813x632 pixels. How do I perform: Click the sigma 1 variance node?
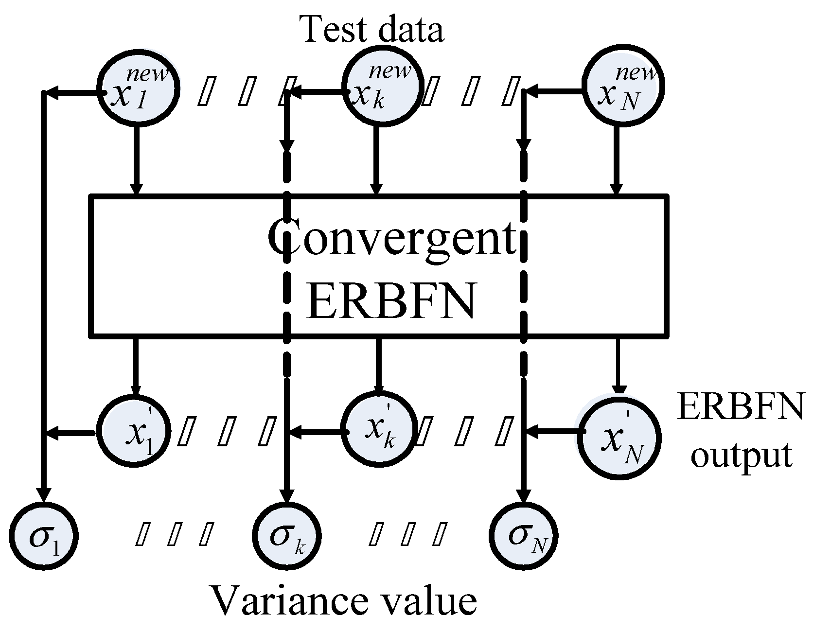(x=44, y=538)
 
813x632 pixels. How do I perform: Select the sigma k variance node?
(x=286, y=538)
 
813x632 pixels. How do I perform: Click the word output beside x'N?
(x=741, y=456)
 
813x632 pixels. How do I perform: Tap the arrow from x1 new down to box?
(x=137, y=160)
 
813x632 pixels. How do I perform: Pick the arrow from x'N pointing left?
(x=554, y=430)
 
